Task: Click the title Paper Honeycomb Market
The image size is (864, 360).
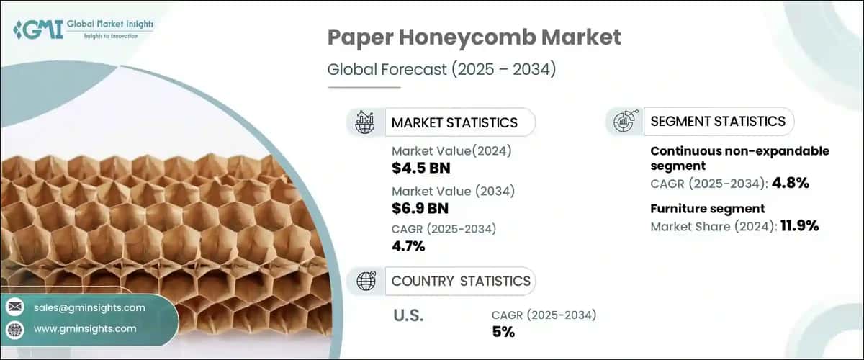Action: [x=474, y=37]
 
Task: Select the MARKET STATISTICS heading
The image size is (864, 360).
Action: [x=454, y=122]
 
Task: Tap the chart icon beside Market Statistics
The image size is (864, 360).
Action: [x=366, y=122]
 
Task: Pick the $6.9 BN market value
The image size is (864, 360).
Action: [x=420, y=209]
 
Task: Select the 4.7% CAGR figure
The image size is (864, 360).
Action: [x=408, y=246]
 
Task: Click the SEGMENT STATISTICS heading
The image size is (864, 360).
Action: [x=717, y=122]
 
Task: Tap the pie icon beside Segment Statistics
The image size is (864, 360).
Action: [x=624, y=122]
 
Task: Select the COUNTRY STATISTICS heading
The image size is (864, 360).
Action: [x=461, y=281]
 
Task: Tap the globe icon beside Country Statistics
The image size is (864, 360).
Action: [x=366, y=281]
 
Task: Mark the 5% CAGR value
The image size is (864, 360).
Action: [x=503, y=332]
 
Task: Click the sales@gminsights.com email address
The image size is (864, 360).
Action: [x=89, y=307]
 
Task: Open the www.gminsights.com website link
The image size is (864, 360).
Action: [x=85, y=328]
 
